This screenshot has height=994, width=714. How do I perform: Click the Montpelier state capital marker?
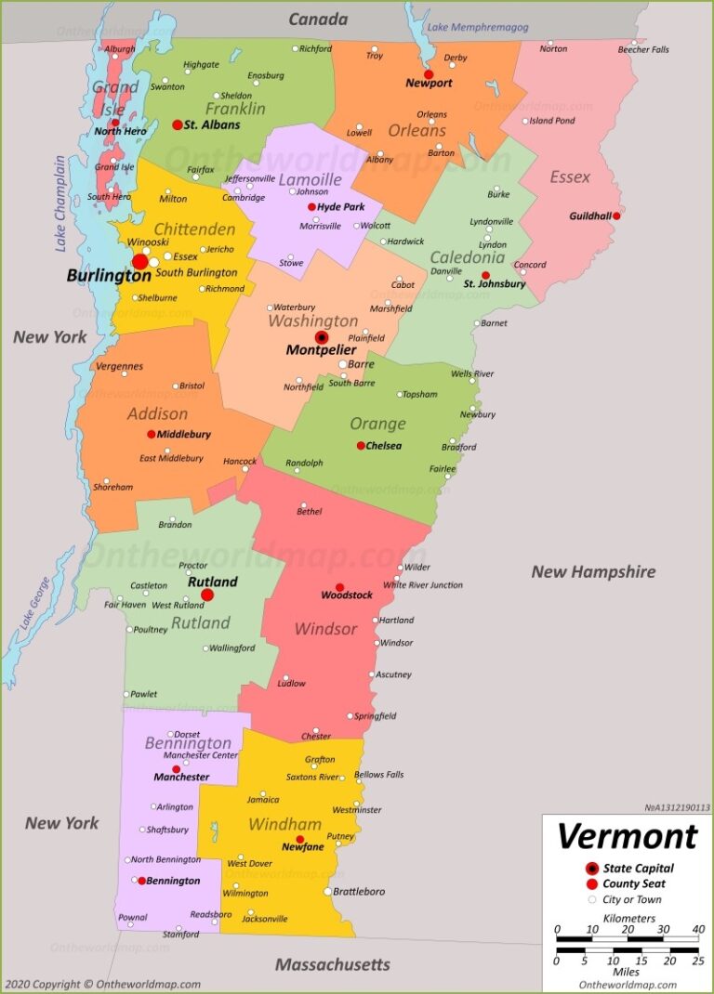(x=322, y=337)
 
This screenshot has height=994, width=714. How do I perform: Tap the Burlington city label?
(x=109, y=276)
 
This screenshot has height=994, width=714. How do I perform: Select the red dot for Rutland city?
(x=207, y=595)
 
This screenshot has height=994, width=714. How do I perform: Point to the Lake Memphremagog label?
(x=477, y=27)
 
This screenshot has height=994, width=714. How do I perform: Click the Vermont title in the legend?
(x=627, y=836)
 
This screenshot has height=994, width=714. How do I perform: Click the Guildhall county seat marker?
(x=616, y=216)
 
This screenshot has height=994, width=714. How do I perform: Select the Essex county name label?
(x=570, y=177)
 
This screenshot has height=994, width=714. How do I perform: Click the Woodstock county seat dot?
(x=340, y=587)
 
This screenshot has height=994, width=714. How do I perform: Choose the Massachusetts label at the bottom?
(x=332, y=965)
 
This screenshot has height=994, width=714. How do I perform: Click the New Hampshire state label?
(x=593, y=571)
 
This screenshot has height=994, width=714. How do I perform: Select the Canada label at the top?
(x=318, y=19)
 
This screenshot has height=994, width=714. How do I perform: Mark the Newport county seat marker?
(x=429, y=74)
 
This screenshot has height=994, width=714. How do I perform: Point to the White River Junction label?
(x=423, y=584)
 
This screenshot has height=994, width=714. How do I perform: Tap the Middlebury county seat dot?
(x=151, y=434)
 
